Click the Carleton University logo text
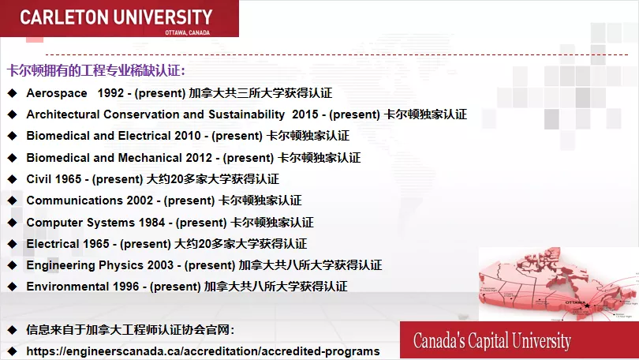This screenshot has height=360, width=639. click(x=116, y=17)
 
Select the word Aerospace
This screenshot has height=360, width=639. click(x=57, y=93)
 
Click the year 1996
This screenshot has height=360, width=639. click(x=127, y=287)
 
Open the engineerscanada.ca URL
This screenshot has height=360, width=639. click(x=203, y=351)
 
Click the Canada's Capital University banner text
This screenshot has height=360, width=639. click(x=491, y=341)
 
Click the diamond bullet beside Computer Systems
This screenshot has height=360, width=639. click(x=12, y=223)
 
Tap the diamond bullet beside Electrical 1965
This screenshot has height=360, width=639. click(x=12, y=244)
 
